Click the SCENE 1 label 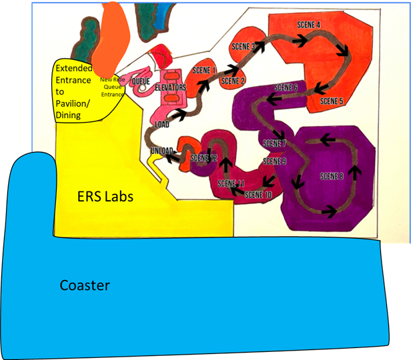pos(204,70)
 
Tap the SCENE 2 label pos(233,81)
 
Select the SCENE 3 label pos(244,47)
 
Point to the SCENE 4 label pos(308,25)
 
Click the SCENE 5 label pos(332,101)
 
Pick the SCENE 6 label pos(286,88)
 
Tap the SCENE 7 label pos(274,144)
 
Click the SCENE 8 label pos(332,176)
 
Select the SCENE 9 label pos(274,161)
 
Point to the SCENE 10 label pos(258,195)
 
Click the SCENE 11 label pos(232,183)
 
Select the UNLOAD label pos(163,151)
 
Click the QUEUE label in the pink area pos(141,82)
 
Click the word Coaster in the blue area pos(85,285)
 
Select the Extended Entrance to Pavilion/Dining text pos(77,91)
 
